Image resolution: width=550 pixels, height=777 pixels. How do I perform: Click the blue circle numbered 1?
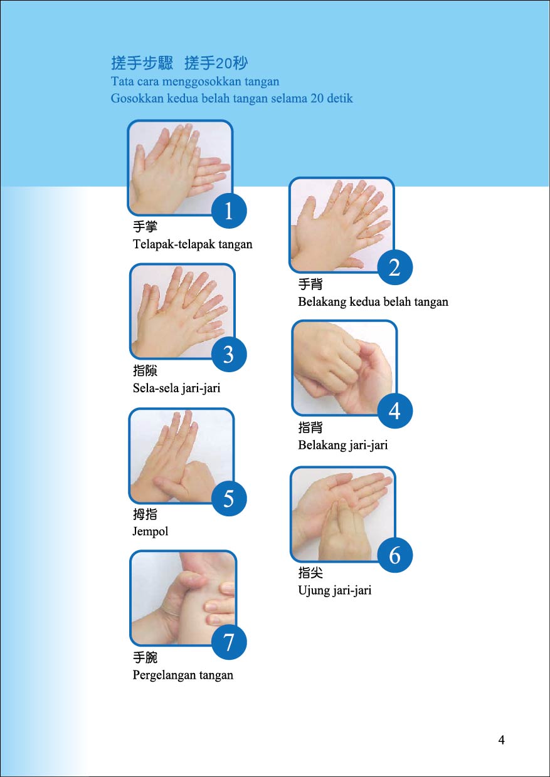(x=229, y=211)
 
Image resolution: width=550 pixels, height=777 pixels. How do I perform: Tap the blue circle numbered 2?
(x=395, y=268)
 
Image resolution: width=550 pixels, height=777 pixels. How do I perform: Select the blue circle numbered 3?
(x=229, y=354)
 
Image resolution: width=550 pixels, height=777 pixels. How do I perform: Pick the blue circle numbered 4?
(x=395, y=410)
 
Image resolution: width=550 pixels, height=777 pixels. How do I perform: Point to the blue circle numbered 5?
(x=229, y=498)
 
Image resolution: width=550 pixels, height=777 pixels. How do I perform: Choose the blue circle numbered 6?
(x=395, y=555)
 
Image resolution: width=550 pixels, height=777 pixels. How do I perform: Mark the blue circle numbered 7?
(x=229, y=642)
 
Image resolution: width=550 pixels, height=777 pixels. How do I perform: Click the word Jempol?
(x=151, y=532)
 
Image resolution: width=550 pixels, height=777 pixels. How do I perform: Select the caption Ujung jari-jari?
(x=335, y=590)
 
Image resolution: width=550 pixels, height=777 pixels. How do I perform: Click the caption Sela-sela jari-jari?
(x=176, y=388)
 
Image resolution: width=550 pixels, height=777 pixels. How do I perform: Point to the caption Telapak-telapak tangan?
(x=193, y=244)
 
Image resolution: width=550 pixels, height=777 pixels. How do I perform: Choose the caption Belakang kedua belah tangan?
(x=373, y=302)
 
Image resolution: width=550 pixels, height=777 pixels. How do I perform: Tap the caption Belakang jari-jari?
(x=342, y=445)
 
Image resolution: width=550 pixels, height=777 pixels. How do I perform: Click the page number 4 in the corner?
(x=501, y=739)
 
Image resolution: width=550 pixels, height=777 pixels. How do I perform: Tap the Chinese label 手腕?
(x=145, y=657)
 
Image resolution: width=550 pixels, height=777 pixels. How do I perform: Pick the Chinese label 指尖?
(x=310, y=573)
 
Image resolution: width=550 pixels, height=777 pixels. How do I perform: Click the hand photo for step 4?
(x=344, y=368)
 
